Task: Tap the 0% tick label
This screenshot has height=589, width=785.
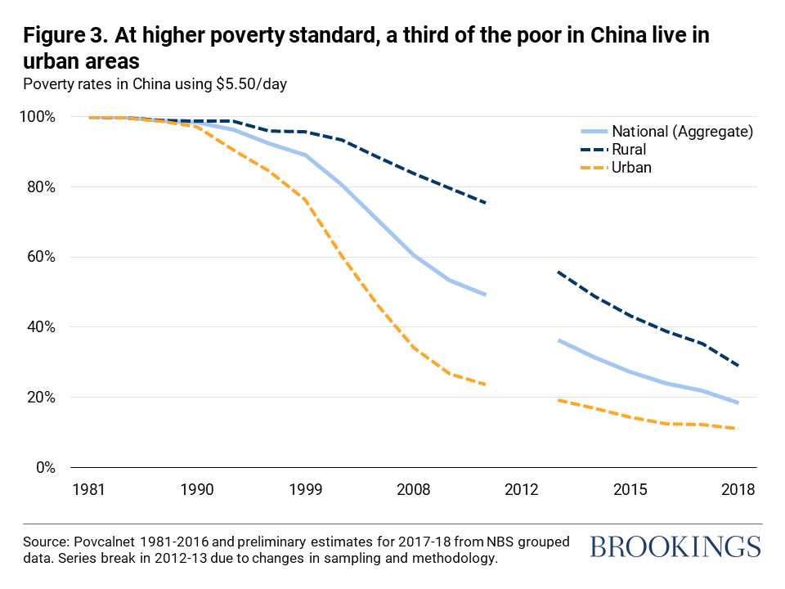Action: pos(46,468)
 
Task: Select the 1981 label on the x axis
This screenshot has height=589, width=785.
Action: pos(87,490)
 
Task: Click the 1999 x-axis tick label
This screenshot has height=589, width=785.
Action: pos(306,490)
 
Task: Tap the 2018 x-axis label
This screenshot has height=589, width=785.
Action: pos(738,490)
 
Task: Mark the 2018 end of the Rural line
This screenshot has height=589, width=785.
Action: pos(739,366)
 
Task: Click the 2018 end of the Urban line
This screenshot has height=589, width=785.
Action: pos(739,429)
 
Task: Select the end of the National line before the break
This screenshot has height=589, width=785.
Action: pos(486,294)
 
